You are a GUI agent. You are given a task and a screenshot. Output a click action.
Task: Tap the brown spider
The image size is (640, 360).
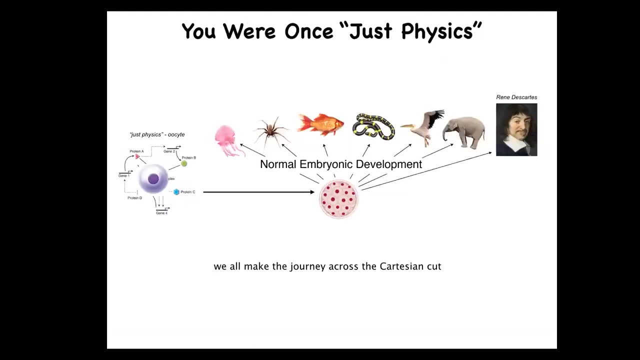[271, 131]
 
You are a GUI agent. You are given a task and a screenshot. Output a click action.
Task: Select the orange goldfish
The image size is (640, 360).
[320, 124]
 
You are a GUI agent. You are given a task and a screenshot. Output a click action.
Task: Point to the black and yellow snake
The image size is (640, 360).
[373, 126]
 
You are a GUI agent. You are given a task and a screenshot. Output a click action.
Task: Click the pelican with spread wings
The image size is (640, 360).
[424, 127]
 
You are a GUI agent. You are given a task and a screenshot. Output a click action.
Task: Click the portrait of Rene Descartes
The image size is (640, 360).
[516, 129]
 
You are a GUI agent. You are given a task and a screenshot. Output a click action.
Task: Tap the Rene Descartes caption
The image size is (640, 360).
[516, 97]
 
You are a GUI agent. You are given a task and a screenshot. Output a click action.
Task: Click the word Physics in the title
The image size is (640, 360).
[437, 31]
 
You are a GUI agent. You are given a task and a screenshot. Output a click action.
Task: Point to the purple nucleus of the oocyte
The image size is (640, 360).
[153, 179]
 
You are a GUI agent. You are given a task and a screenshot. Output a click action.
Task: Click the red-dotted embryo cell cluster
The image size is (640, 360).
[338, 199]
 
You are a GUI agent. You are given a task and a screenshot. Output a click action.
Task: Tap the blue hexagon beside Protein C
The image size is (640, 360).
[176, 192]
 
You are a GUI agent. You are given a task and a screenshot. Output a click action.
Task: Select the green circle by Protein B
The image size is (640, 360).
[184, 163]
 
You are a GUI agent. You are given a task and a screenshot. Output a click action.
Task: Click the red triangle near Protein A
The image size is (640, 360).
[137, 156]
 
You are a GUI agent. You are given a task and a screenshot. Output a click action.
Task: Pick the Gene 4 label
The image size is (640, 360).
[161, 213]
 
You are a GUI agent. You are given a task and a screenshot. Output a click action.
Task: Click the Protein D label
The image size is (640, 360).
[135, 198]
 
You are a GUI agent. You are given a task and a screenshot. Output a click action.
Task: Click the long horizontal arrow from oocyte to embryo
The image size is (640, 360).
[259, 192]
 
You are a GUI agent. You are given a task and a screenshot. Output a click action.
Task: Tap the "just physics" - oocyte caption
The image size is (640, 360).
[157, 134]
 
